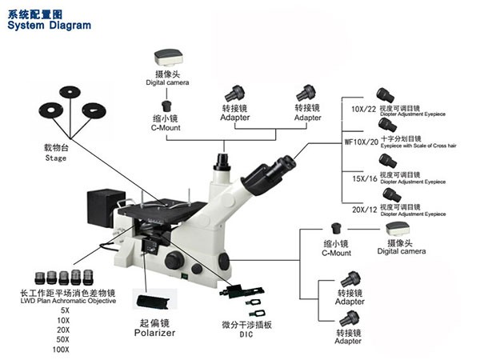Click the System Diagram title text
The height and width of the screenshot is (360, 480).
pos(47,26)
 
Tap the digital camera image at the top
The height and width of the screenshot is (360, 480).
pos(167,57)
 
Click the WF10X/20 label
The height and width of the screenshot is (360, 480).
pos(360,142)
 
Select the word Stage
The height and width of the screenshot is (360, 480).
pos(55,158)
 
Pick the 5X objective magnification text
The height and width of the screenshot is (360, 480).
pos(64,310)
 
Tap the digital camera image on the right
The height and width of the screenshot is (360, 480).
pos(398,229)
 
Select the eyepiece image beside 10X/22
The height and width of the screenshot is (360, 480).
pos(388,96)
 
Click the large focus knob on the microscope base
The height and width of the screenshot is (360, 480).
pos(174,261)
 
